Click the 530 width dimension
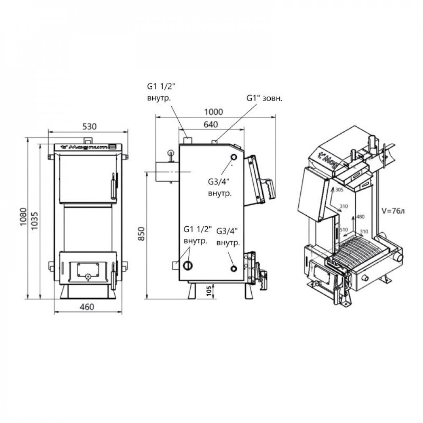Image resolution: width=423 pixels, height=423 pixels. [89, 126]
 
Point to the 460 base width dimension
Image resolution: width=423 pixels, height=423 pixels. [87, 307]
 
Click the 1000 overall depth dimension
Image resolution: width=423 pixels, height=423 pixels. [214, 112]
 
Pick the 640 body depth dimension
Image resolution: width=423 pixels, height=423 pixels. [210, 124]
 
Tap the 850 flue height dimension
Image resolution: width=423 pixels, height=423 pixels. [141, 233]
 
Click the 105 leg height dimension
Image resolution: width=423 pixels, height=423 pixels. [209, 291]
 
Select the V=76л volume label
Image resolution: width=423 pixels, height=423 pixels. [393, 211]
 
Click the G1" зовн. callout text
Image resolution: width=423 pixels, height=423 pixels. [264, 98]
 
